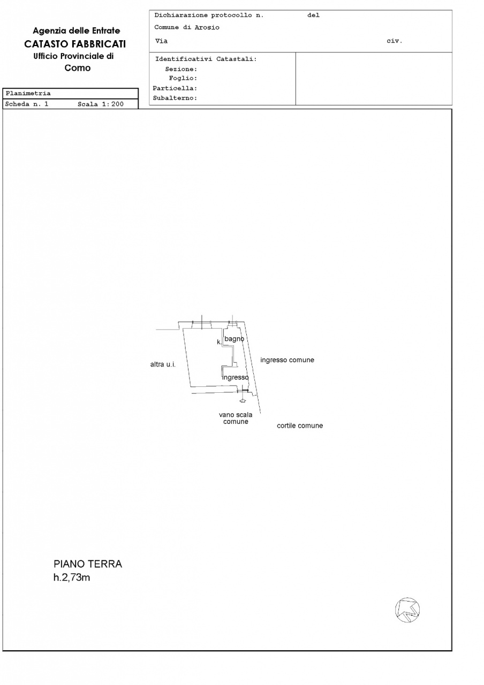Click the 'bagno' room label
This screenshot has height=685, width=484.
coord(235,339)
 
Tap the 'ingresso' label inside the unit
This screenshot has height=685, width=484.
coord(235,377)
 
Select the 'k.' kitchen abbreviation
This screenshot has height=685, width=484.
coord(219,342)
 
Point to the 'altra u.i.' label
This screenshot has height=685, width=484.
coord(163,364)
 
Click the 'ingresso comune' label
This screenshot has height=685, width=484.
coord(287,360)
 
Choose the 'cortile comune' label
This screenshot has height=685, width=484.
coord(300,426)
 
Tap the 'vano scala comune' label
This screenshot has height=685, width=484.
coord(236,418)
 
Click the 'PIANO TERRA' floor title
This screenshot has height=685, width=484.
coord(88,564)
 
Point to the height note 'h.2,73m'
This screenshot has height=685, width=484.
coord(72,578)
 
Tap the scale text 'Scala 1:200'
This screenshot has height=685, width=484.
coord(101,104)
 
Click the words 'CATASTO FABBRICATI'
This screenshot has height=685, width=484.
coord(75,44)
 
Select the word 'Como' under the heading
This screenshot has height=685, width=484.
coord(78,68)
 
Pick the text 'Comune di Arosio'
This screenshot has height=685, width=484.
coord(187,28)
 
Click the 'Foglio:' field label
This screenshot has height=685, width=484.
coord(183,79)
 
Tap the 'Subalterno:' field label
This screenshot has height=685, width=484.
coord(175,98)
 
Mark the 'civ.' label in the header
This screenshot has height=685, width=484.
coord(394,41)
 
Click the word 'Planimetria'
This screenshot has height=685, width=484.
coord(28,93)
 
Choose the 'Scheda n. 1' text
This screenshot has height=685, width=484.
coord(27,104)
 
